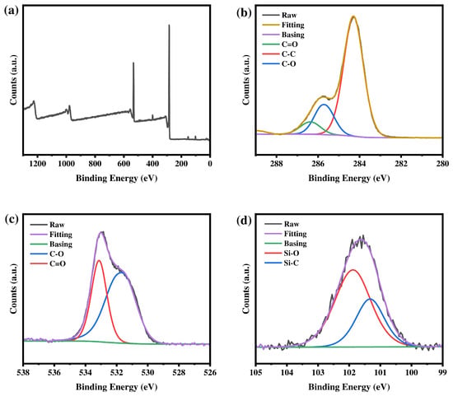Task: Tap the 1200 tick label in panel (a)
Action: point(38,164)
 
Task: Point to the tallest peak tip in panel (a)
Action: point(169,26)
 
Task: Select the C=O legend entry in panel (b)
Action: point(280,44)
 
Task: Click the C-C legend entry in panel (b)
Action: point(279,54)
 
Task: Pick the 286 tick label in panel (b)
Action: point(318,164)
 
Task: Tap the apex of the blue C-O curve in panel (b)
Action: point(324,105)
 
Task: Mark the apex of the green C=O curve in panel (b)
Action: point(310,122)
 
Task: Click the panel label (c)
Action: point(12,219)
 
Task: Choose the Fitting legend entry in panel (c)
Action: point(51,235)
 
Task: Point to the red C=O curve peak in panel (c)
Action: point(99,260)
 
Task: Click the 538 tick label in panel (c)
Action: point(24,373)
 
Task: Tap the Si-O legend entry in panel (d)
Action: point(282,254)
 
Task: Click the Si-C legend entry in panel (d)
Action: point(282,263)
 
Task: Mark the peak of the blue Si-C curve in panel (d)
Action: point(370,299)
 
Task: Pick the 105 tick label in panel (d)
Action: point(256,373)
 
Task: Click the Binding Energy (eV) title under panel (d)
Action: point(349,387)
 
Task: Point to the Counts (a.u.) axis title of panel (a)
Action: point(13,79)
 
